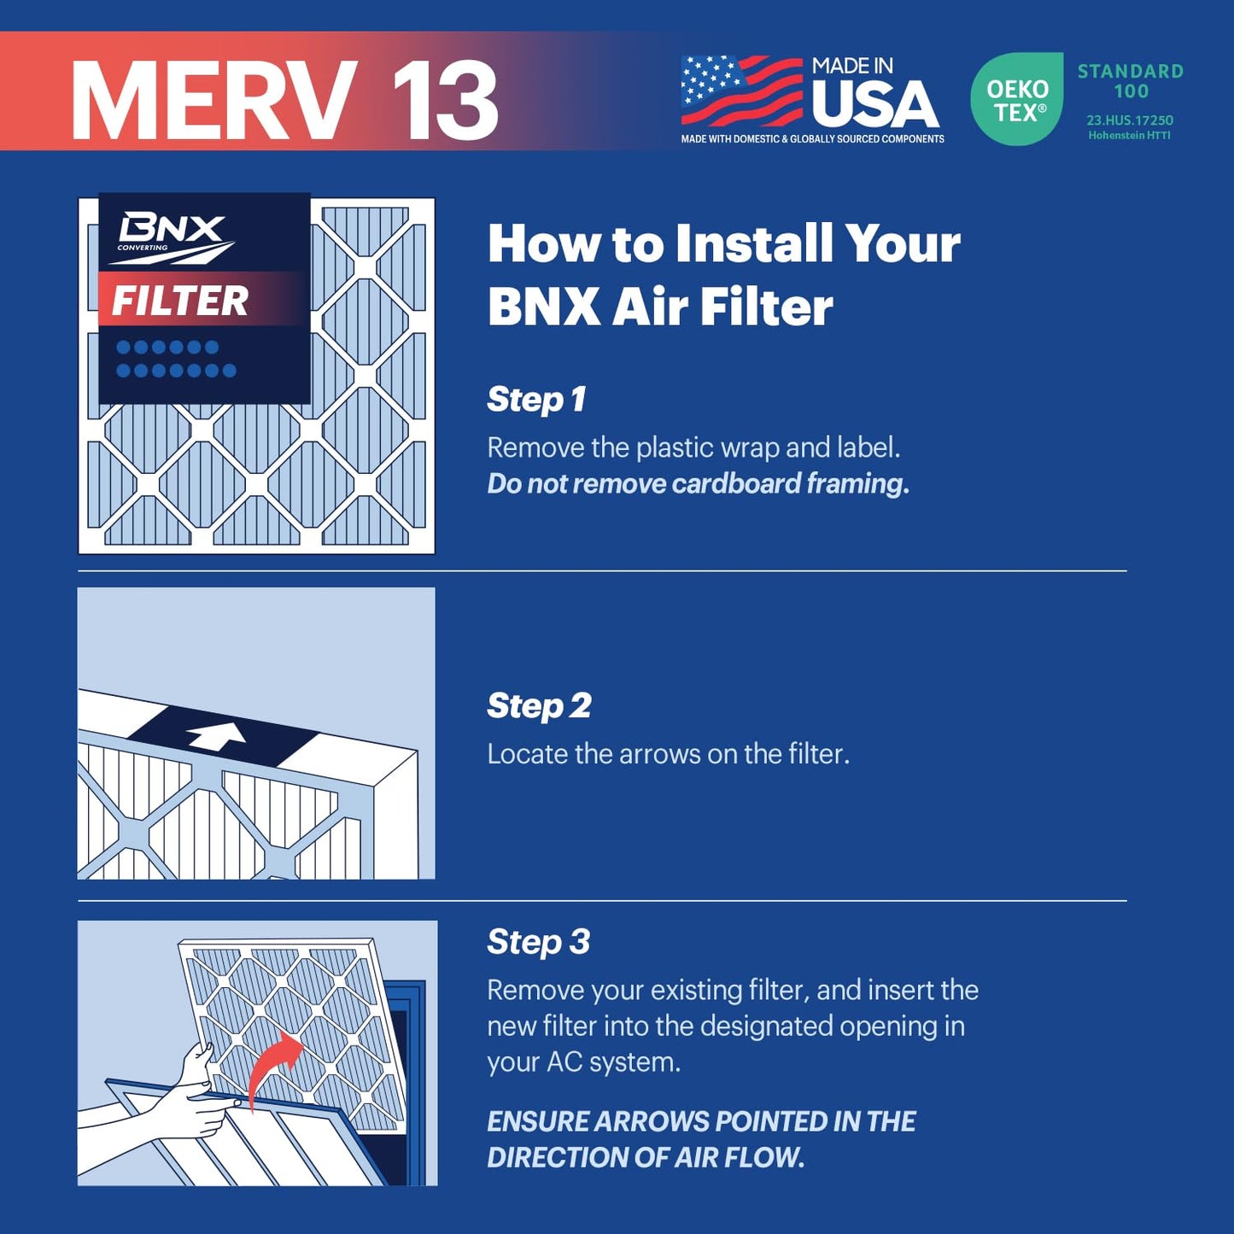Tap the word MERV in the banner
pyautogui.click(x=213, y=101)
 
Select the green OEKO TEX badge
pyautogui.click(x=1016, y=99)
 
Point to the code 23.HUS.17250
pyautogui.click(x=1130, y=120)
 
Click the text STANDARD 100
pyautogui.click(x=1130, y=81)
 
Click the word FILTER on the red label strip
pyautogui.click(x=179, y=301)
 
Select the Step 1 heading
pyautogui.click(x=536, y=399)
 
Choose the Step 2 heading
pyautogui.click(x=539, y=705)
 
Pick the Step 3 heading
pyautogui.click(x=538, y=942)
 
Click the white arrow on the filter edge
pyautogui.click(x=217, y=734)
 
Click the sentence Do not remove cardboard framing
pyautogui.click(x=698, y=483)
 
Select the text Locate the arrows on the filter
pyautogui.click(x=668, y=754)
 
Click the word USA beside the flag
pyautogui.click(x=874, y=104)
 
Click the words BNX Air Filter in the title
pyautogui.click(x=659, y=307)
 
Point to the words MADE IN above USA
pyautogui.click(x=852, y=66)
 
